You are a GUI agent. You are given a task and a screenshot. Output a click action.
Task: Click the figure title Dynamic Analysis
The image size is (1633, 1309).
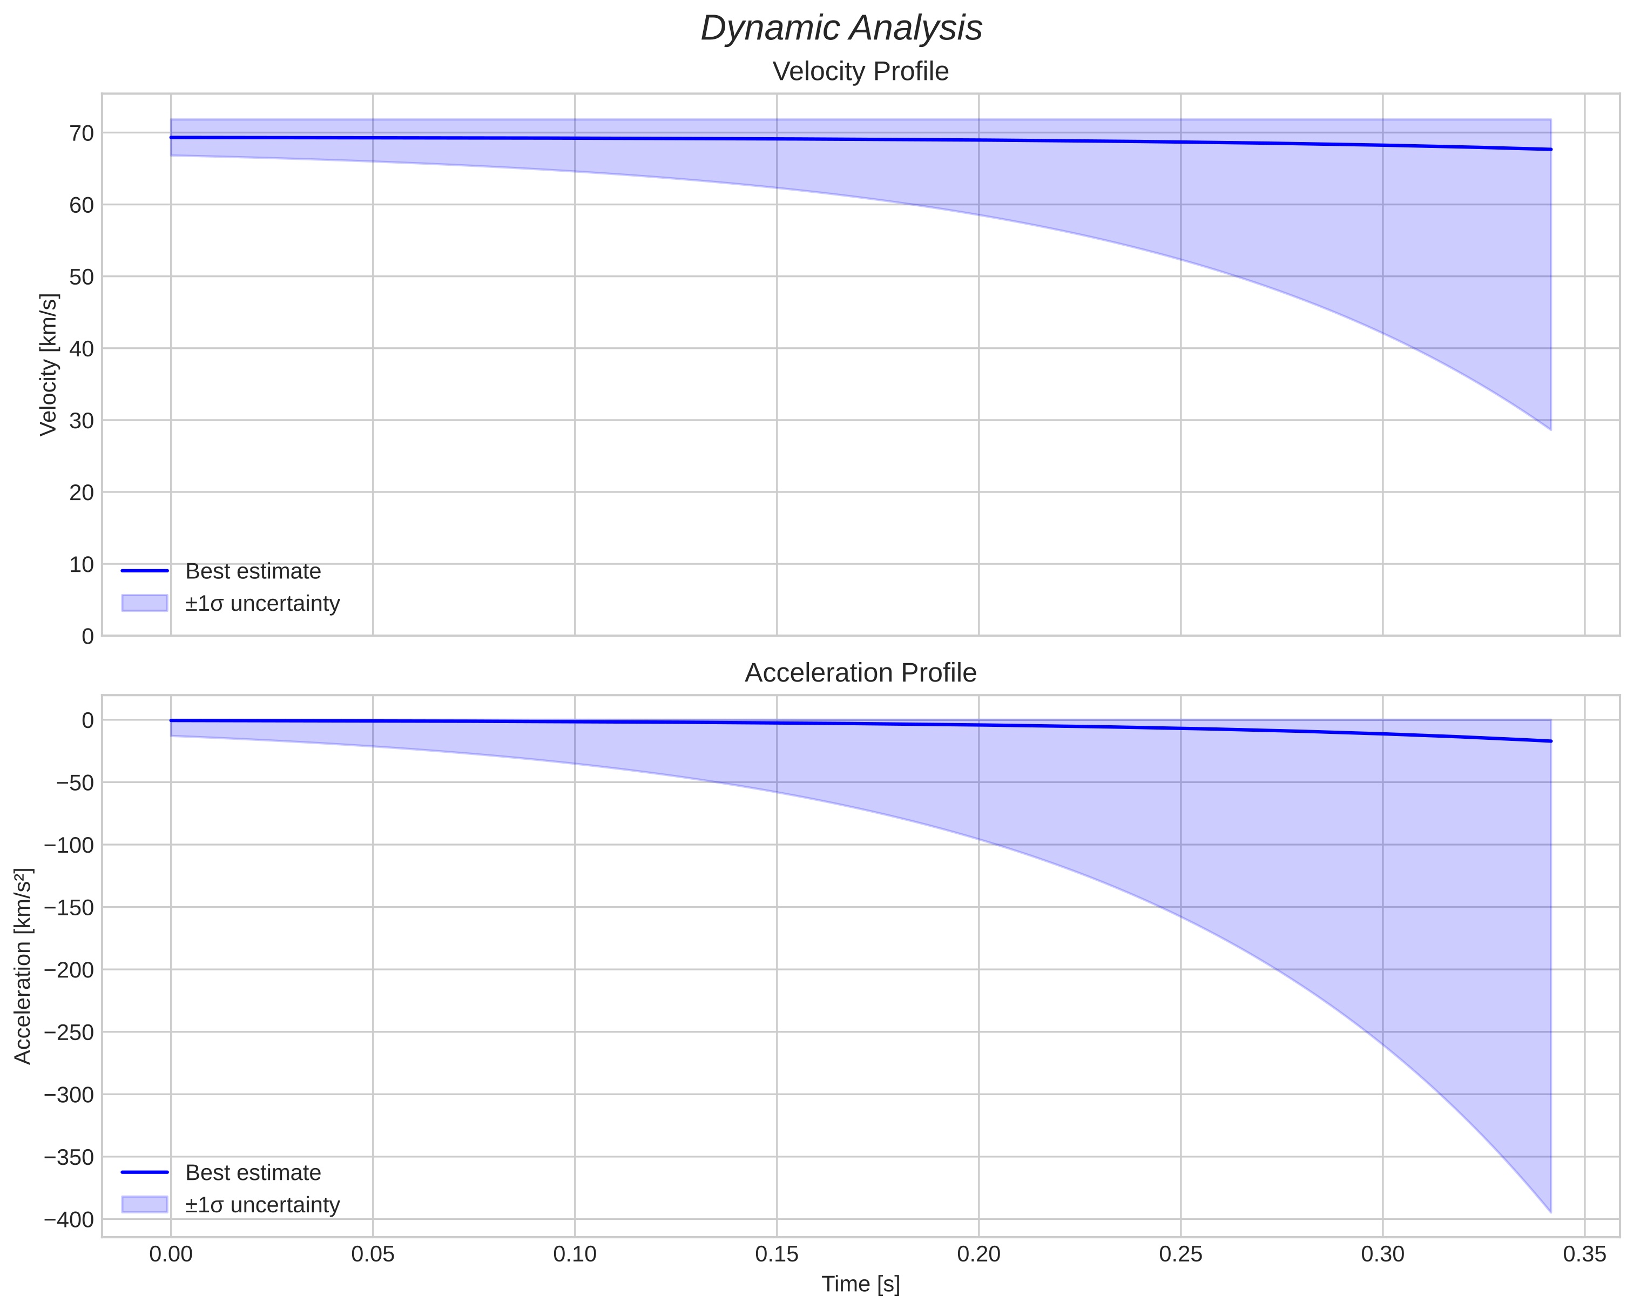tap(841, 29)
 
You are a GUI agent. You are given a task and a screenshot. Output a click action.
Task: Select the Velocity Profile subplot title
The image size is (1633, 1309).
tap(860, 71)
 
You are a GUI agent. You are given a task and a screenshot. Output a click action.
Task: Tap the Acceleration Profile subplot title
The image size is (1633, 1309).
tap(860, 673)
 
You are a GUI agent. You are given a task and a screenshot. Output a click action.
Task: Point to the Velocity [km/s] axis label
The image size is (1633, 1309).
tap(49, 365)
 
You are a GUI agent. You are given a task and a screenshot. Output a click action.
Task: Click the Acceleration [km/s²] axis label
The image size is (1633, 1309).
tap(23, 966)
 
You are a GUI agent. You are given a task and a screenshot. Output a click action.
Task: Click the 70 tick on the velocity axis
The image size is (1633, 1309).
tap(82, 133)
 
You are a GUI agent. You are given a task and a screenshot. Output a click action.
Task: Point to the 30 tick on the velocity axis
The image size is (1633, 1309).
tap(82, 421)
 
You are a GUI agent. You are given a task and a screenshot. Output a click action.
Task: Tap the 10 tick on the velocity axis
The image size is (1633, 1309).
tap(82, 564)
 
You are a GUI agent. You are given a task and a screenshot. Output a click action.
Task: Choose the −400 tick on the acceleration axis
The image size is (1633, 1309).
tap(69, 1219)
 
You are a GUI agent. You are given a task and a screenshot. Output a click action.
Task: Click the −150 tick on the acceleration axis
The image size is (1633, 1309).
tap(69, 908)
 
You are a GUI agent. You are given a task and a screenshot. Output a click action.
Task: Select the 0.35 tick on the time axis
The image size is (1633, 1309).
tap(1584, 1254)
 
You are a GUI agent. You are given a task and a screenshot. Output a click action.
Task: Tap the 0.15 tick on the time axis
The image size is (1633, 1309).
tap(777, 1254)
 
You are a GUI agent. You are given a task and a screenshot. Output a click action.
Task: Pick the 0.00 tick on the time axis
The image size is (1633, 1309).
tap(171, 1254)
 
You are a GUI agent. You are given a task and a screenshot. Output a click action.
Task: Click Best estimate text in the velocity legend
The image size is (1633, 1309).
tap(253, 571)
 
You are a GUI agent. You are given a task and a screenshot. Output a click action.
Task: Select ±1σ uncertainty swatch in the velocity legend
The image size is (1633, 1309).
tap(144, 603)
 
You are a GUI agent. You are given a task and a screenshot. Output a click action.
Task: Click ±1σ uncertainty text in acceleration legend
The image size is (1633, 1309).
tap(262, 1204)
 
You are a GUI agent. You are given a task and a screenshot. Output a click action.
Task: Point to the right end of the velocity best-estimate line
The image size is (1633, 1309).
tap(1550, 149)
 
